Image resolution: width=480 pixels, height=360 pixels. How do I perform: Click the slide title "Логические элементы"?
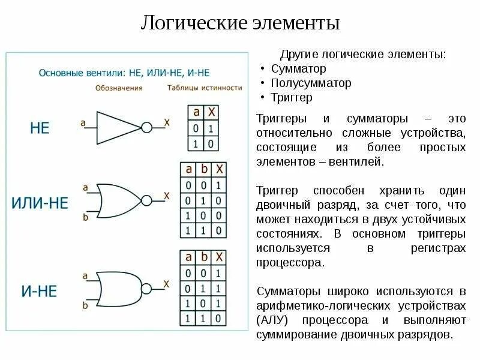point(240,23)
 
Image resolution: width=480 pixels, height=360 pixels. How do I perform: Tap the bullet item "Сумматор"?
point(298,68)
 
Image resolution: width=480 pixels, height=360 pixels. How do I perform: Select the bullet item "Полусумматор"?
point(311,83)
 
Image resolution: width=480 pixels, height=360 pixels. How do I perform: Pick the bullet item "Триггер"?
point(292,97)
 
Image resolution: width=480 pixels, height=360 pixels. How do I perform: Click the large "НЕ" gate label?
point(40,128)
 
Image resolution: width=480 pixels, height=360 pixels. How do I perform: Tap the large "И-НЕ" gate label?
point(40,291)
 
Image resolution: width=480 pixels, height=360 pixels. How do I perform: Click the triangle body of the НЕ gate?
point(117,126)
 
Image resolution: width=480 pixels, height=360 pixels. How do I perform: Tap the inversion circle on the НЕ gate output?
point(146,126)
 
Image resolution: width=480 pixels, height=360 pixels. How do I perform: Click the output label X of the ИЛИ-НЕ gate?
point(167,196)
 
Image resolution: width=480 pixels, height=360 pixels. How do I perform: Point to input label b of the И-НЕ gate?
point(85,305)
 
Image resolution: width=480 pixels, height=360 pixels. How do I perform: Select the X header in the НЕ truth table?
point(211,112)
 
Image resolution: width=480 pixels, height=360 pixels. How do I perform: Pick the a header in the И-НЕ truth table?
point(189,257)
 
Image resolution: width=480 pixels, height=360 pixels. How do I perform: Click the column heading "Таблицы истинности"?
point(203,88)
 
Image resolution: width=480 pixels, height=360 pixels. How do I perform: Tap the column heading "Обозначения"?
point(118,88)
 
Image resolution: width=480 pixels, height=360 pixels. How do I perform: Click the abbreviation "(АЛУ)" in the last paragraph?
point(274,319)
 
